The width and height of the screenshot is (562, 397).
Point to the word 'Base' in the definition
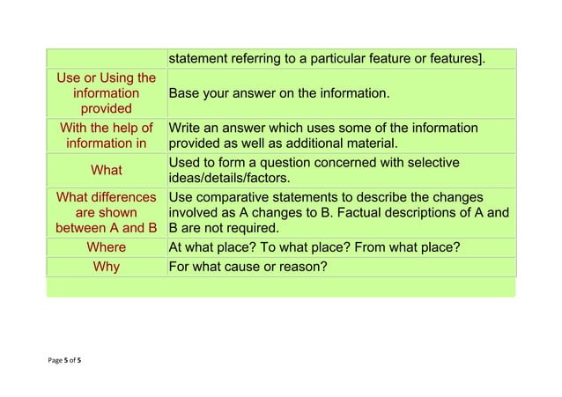185,92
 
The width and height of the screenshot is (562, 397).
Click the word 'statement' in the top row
198,59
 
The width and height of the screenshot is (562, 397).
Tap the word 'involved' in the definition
194,212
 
